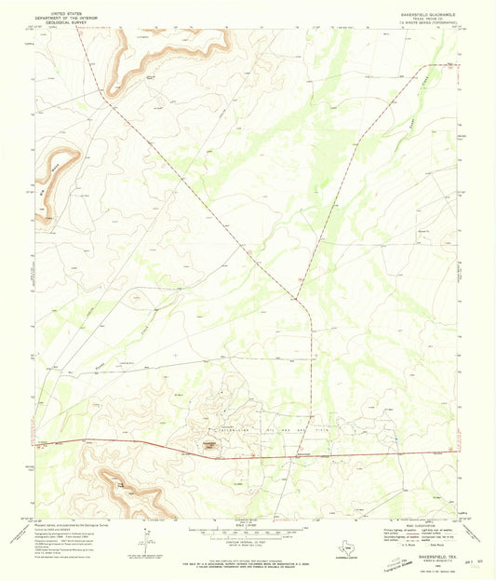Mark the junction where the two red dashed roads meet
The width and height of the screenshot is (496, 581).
(x=297, y=299)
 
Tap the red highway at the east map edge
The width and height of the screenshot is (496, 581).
(x=460, y=455)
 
